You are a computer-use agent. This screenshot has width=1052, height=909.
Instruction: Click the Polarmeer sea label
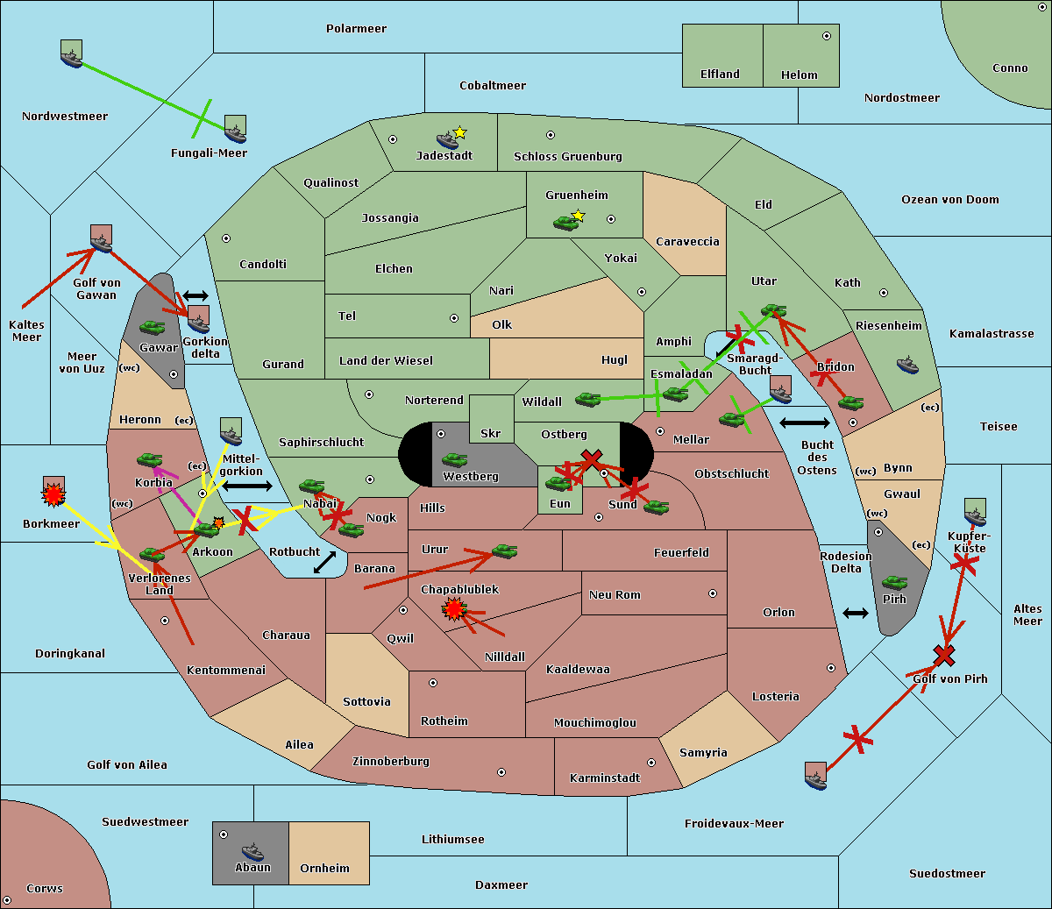[356, 29]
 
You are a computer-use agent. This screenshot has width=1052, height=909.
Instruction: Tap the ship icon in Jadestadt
[448, 139]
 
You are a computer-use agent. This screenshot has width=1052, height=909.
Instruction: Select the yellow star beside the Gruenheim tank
[578, 216]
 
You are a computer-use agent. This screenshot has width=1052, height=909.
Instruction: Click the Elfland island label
[720, 75]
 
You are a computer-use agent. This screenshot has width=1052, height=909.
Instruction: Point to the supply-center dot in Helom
[826, 36]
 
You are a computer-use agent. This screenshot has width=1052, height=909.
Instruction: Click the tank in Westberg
[454, 459]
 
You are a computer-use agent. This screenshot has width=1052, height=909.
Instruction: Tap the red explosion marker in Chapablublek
[453, 608]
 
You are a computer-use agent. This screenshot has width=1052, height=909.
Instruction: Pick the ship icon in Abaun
[252, 851]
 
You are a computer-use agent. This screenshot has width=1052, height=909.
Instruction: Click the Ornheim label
[324, 869]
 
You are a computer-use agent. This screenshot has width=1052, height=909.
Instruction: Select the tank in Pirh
[894, 583]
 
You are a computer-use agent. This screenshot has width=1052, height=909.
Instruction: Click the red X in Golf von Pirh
[943, 655]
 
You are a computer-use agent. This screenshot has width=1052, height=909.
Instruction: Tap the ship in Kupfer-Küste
[975, 512]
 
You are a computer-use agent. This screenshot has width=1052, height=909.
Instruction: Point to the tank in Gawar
[152, 328]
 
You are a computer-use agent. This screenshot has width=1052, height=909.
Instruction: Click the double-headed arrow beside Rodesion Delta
[856, 613]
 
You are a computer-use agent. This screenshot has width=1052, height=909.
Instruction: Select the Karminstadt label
[605, 778]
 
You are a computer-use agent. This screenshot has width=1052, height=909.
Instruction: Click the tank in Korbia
[149, 459]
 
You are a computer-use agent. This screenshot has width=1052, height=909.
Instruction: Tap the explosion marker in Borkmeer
[54, 496]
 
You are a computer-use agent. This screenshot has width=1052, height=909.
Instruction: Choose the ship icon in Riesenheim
[907, 365]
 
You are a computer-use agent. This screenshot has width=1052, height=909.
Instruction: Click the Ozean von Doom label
[950, 200]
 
